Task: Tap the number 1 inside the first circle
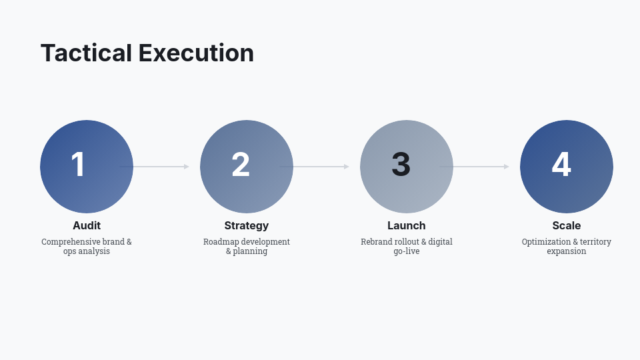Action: (x=78, y=165)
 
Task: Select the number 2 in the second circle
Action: (x=240, y=165)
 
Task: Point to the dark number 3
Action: (x=401, y=165)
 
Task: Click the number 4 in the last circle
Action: (x=561, y=165)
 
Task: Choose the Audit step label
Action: (x=87, y=225)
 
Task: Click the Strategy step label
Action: (x=247, y=225)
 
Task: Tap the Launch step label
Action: (x=407, y=225)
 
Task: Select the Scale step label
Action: (x=567, y=225)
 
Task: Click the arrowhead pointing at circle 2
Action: (x=187, y=167)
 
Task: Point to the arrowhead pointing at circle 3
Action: (x=347, y=167)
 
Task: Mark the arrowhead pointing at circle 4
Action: (x=507, y=167)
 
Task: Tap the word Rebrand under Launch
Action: (x=377, y=242)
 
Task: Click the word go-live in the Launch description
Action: (x=407, y=252)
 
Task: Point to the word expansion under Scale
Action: (x=567, y=252)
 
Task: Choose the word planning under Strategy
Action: (x=251, y=252)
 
